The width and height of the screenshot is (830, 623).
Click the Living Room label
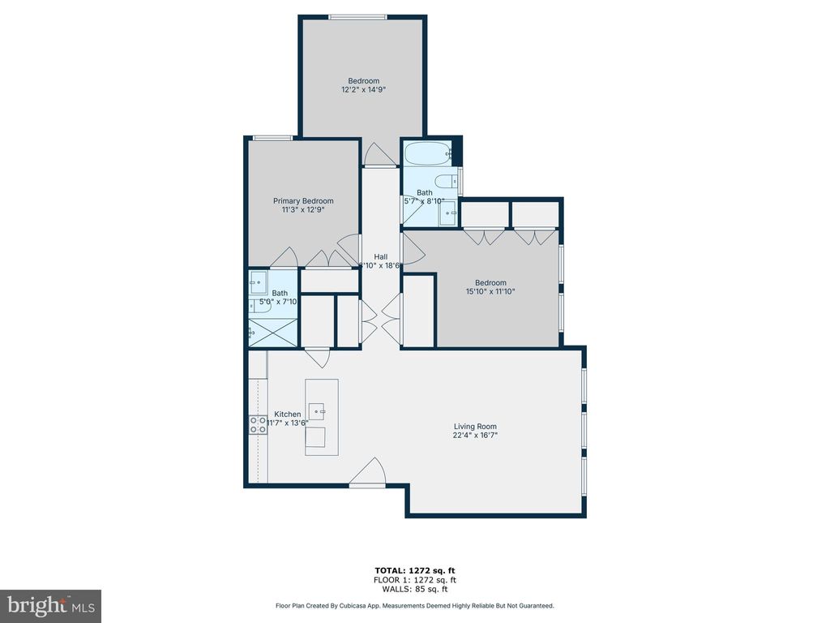pos(475,427)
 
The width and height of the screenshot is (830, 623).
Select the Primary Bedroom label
pos(303,201)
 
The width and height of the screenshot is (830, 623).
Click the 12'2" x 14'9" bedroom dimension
pos(364,90)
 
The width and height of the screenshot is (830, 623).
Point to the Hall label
pos(380,256)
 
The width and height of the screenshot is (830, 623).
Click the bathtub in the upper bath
pos(428,153)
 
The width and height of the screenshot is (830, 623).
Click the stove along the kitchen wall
pos(258,424)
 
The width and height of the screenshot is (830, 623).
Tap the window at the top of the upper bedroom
pos(357,16)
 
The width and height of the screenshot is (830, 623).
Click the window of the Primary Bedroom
pos(272,138)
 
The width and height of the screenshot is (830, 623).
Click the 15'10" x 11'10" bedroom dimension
pos(490,292)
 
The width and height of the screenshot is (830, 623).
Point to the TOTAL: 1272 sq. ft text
pos(415,570)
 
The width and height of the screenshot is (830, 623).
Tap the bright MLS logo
pos(50,605)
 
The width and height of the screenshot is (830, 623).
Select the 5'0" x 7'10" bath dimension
pos(278,302)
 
